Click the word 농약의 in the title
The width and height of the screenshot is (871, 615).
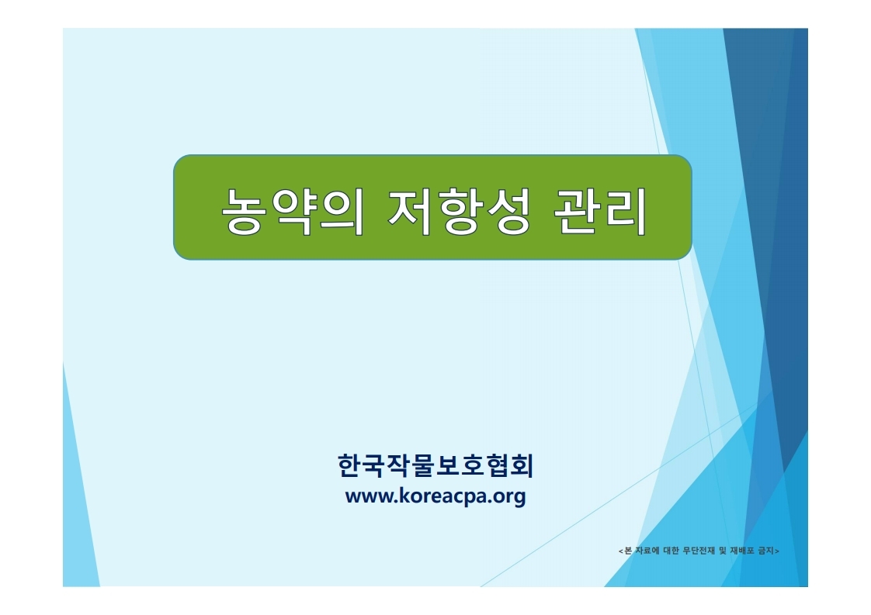(x=293, y=212)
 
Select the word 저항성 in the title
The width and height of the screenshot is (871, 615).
(x=459, y=212)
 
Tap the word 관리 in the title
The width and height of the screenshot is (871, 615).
(x=601, y=212)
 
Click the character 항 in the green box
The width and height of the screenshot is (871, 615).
(x=459, y=212)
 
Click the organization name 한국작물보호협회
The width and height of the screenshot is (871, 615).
(x=435, y=465)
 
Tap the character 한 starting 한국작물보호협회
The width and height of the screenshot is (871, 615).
(x=349, y=465)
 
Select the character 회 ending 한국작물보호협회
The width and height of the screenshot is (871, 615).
(x=522, y=465)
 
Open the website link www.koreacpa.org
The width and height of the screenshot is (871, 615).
(x=435, y=496)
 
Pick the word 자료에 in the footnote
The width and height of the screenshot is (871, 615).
(x=647, y=551)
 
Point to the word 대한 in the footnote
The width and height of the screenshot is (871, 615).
(x=671, y=551)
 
